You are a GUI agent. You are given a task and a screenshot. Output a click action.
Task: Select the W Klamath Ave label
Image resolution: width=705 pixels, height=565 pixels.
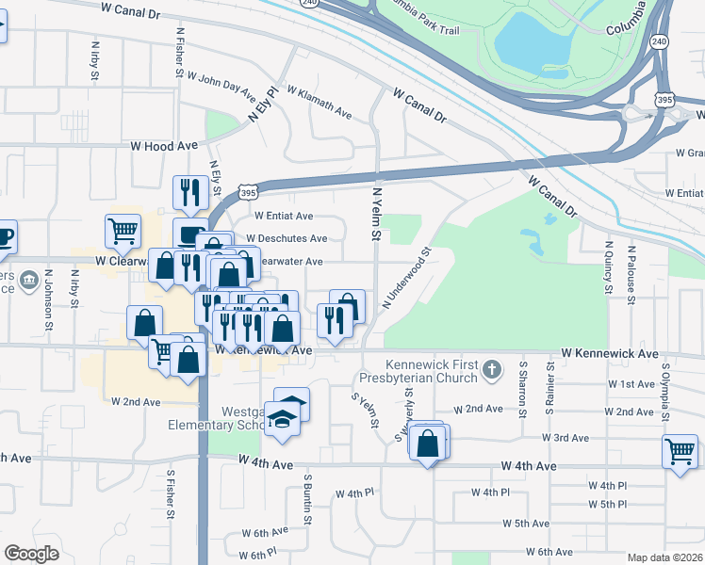pos(319,103)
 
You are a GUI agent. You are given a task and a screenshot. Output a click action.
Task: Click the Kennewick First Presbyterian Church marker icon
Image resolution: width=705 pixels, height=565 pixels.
pos(491,370)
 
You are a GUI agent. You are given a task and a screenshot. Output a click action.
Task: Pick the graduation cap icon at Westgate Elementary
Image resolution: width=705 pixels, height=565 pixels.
pos(282,416)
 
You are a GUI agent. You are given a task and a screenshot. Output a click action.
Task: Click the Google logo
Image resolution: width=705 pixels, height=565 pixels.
pos(31,554)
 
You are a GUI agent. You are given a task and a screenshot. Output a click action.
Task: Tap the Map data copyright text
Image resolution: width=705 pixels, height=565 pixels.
pos(664,557)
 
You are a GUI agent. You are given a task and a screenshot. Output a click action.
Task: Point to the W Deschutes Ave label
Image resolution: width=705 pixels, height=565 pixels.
pos(287,238)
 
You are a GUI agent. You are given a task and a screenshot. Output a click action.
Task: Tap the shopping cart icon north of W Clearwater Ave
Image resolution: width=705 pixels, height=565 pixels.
pos(123,230)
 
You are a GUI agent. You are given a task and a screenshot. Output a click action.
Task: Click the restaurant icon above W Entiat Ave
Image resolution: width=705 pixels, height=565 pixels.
pos(190,192)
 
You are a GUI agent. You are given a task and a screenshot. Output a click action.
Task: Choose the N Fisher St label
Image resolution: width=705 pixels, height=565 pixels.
pos(179,51)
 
